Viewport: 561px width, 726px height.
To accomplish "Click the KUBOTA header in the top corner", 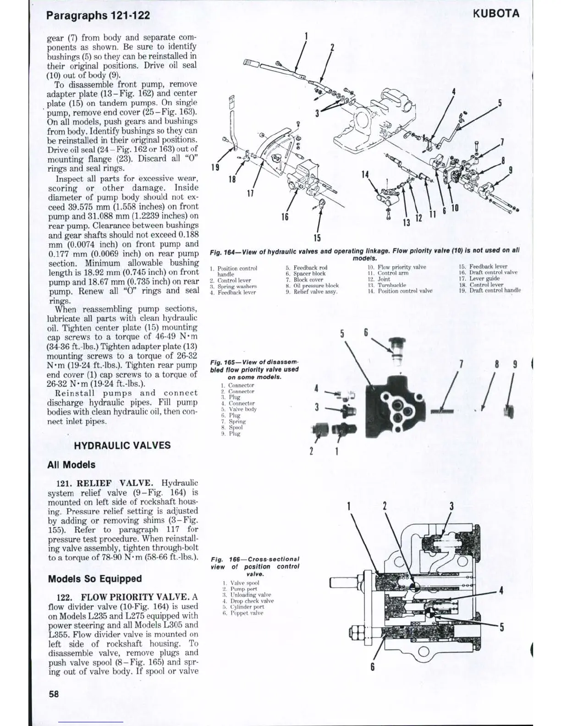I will [x=496, y=14].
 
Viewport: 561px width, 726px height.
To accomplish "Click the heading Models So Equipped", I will [x=95, y=578].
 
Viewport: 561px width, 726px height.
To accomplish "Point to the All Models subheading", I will [x=71, y=465].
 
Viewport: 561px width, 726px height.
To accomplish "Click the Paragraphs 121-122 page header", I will [x=99, y=15].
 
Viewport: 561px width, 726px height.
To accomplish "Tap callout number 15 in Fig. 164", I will [x=317, y=238].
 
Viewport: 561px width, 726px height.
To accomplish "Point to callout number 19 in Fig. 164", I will [x=214, y=167].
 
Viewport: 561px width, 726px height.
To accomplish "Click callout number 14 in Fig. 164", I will [x=365, y=175].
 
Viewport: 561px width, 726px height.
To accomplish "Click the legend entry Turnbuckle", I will [x=391, y=285].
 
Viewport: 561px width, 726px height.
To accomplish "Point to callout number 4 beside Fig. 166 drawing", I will [x=501, y=591].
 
